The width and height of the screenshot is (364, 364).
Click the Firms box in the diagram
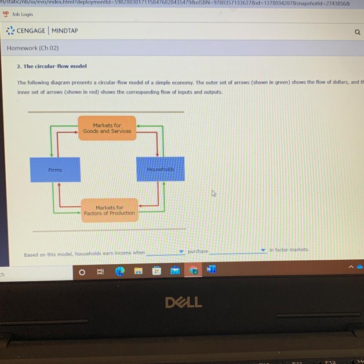55,170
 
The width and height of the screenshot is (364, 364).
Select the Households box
160,169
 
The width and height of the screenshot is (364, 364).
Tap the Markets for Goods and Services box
107,128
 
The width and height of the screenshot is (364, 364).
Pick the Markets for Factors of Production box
109,210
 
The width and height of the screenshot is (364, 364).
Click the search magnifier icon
357,32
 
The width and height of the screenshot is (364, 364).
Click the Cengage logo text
31,31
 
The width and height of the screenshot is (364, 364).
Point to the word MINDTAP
65,31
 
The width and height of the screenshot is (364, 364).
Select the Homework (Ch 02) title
33,48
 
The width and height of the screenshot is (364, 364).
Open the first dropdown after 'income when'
166,252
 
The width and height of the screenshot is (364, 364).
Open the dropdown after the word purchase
238,251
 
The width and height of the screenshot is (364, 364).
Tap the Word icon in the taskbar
211,269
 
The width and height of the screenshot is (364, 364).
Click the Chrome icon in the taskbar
193,270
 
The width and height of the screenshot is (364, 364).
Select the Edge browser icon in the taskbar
120,271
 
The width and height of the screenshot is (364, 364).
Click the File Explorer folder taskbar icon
138,271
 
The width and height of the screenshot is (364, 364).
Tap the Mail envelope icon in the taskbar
175,271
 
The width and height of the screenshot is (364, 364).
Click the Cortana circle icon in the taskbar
82,272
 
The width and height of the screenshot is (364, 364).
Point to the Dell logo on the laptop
183,302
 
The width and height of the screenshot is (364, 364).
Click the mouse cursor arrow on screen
214,193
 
